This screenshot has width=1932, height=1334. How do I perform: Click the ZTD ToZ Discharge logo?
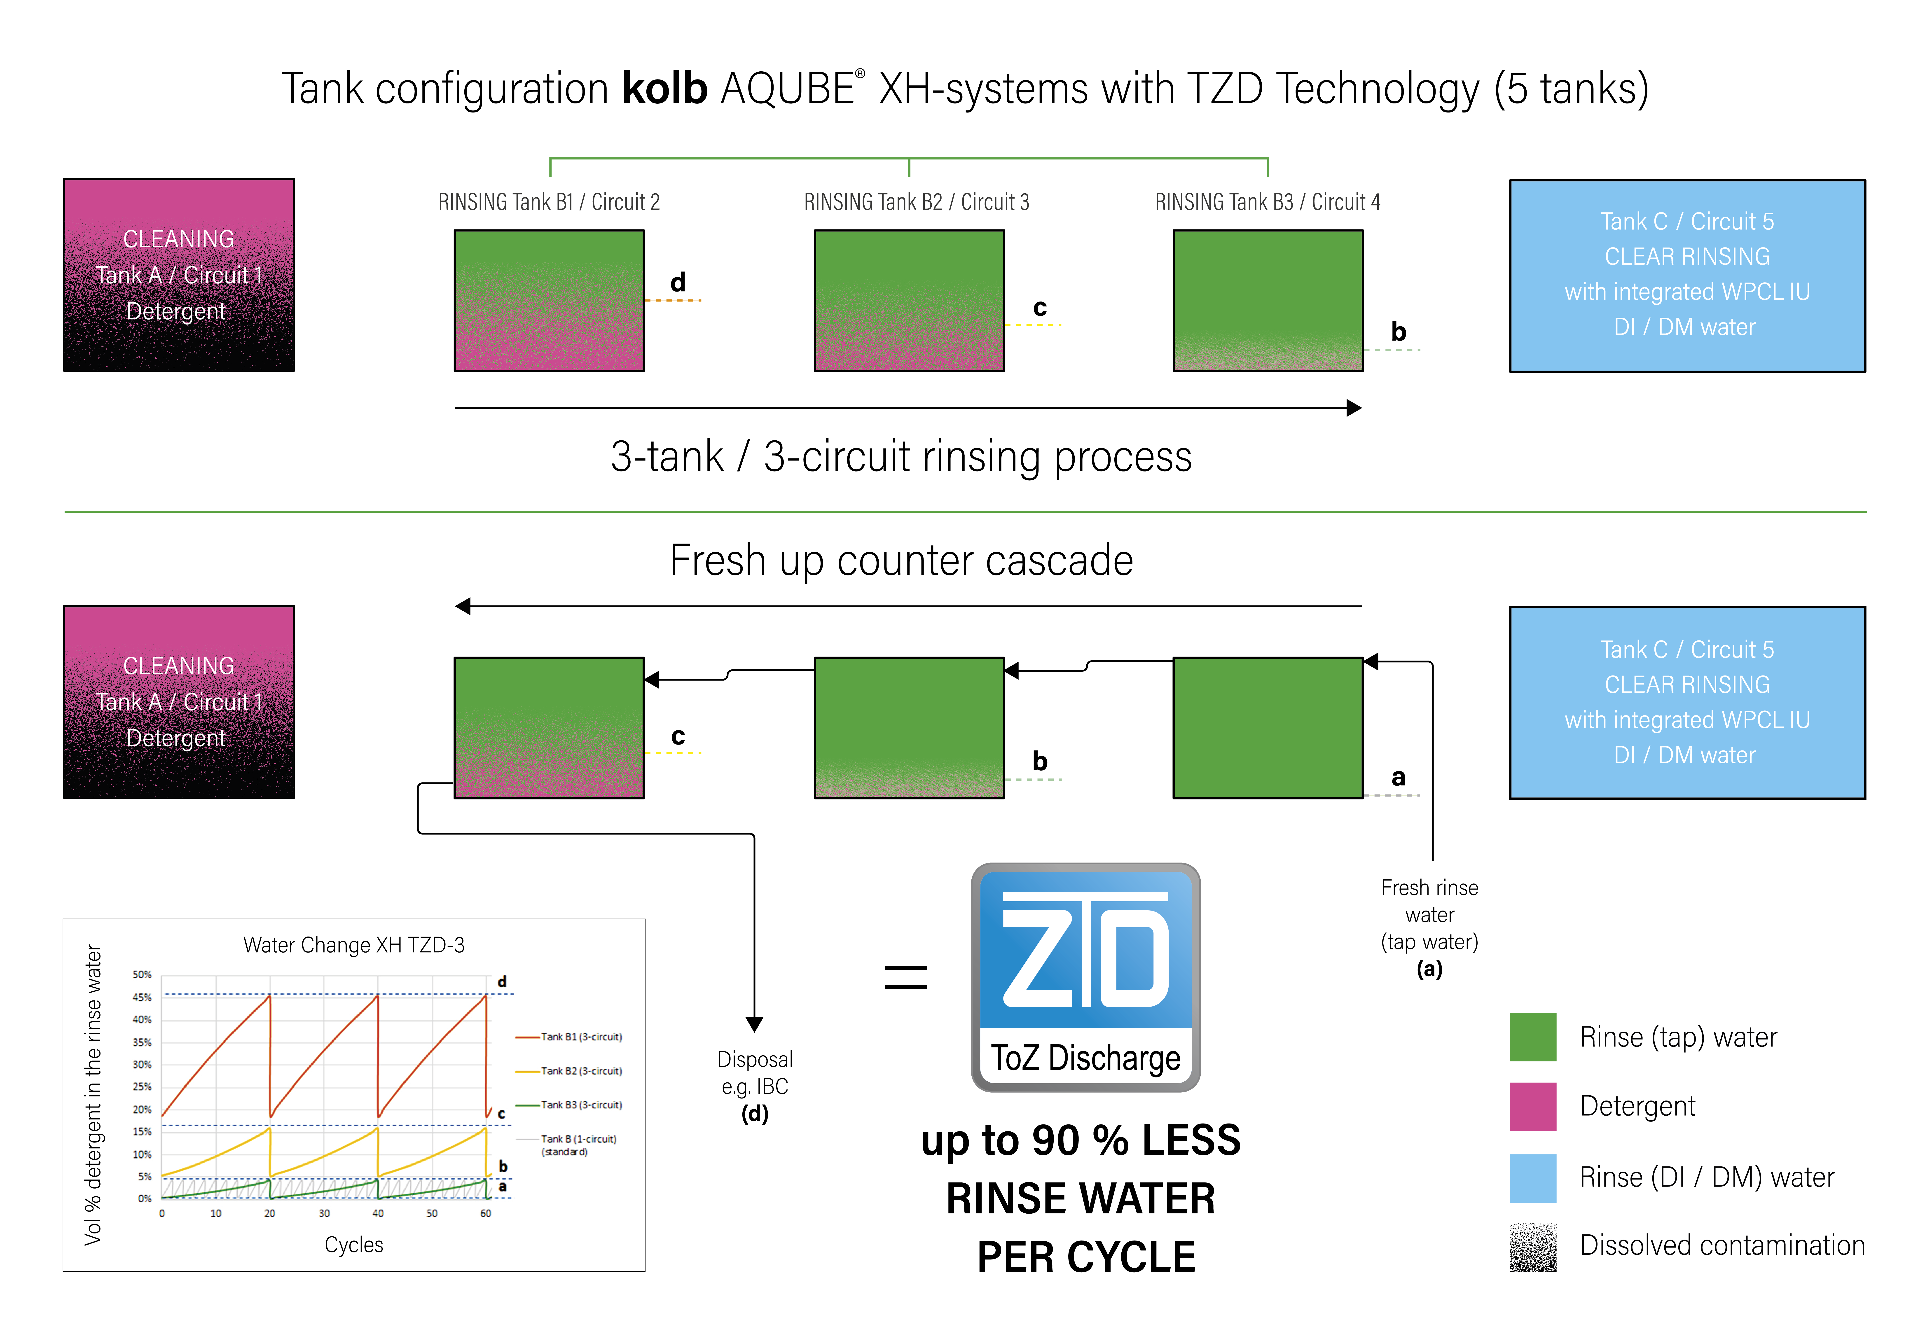click(x=1085, y=976)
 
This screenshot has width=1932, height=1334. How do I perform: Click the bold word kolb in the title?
click(x=665, y=89)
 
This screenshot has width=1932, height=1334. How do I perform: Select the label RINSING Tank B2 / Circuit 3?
click(x=916, y=202)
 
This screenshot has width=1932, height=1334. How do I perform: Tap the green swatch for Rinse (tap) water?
click(x=1532, y=1036)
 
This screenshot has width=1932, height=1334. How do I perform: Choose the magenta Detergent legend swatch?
click(x=1532, y=1106)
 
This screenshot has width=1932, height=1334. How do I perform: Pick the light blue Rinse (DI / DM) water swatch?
click(x=1532, y=1177)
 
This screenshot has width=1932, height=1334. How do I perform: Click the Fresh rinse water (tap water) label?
click(x=1429, y=915)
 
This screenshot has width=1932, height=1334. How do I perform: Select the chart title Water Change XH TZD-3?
click(x=354, y=944)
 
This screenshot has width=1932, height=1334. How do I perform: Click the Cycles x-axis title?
click(x=354, y=1245)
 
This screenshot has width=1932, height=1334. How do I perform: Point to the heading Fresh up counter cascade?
click(x=901, y=560)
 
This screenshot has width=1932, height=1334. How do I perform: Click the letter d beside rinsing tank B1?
click(x=678, y=283)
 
